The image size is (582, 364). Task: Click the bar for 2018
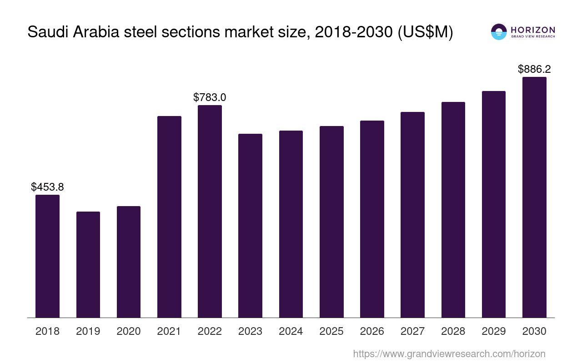pos(47,256)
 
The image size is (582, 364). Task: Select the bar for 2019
pos(88,264)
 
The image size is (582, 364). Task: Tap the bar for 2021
pos(169,217)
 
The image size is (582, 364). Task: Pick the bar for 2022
pos(210,211)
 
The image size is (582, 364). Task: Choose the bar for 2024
pos(291,224)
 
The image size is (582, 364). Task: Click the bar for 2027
pos(412,215)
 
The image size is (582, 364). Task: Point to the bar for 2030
pos(534,197)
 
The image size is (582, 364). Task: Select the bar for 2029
pos(494,204)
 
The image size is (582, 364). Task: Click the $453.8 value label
pos(47,187)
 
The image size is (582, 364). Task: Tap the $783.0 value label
pos(210,97)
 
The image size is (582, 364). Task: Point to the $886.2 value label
pos(534,69)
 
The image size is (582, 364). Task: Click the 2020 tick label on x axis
pos(129,331)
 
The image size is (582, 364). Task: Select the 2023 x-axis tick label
pos(250,331)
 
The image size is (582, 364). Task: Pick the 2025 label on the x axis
pos(331,331)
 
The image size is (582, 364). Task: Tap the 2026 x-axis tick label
pos(372,331)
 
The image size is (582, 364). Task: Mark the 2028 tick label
pos(453,331)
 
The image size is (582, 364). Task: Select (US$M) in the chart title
pos(425,32)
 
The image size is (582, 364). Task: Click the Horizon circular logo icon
pos(498,32)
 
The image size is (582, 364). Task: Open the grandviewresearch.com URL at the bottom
pos(449,354)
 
